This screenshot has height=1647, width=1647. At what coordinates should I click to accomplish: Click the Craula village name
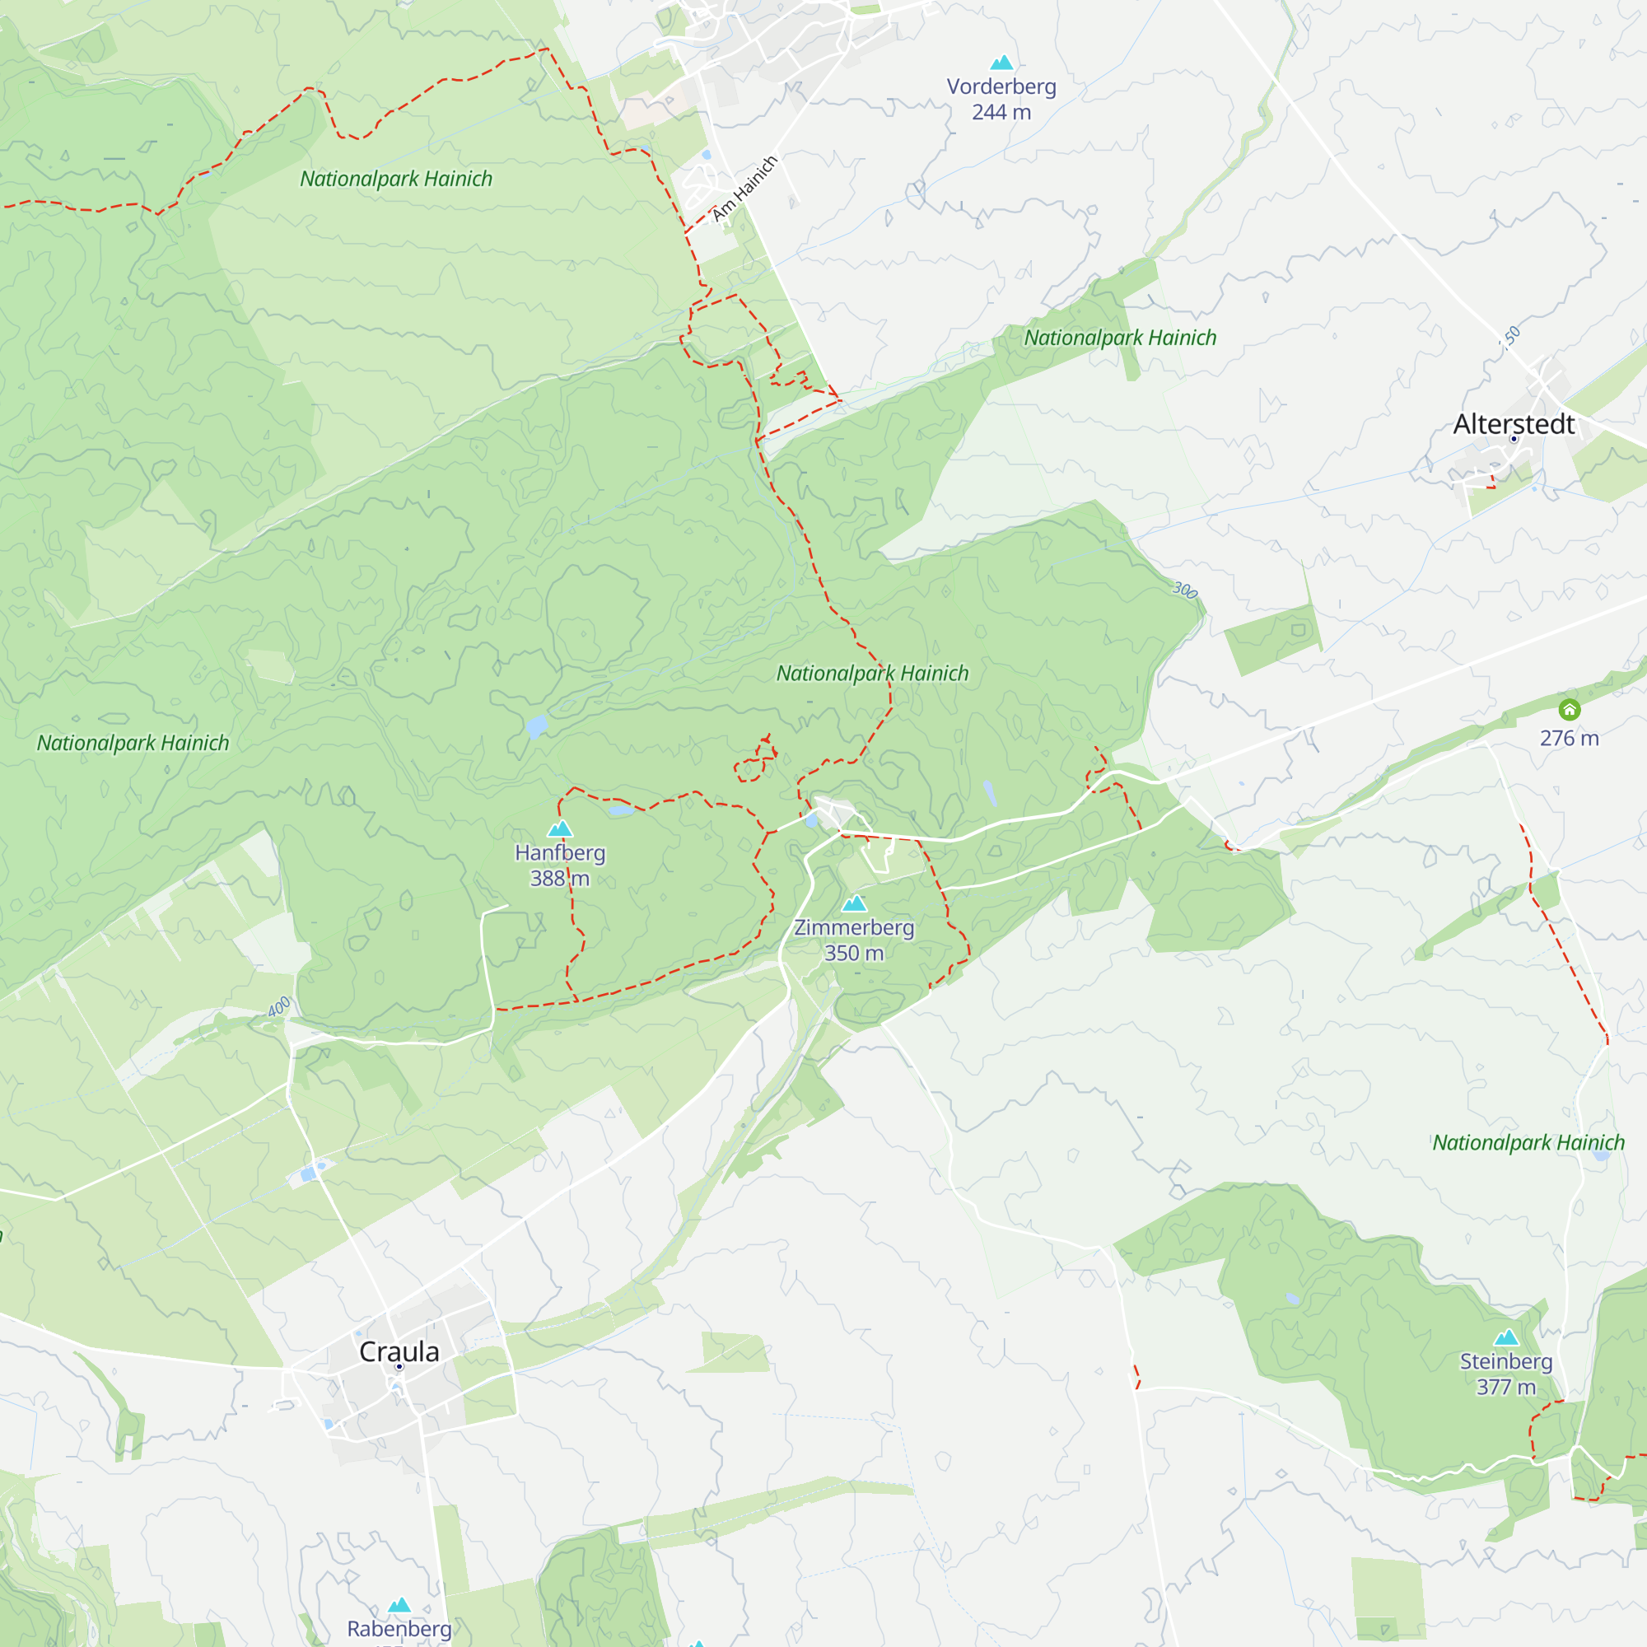(x=399, y=1351)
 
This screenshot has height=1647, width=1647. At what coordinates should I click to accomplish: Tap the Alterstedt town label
(x=1514, y=423)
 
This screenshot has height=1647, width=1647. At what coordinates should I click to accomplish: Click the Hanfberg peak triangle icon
(x=560, y=828)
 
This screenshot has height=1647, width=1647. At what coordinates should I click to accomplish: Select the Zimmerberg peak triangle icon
(x=854, y=903)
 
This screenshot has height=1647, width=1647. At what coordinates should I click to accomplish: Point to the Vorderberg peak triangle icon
(x=1001, y=63)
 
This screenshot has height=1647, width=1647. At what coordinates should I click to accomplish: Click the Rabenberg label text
(x=399, y=1628)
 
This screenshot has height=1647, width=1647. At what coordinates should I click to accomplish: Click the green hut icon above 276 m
(x=1570, y=709)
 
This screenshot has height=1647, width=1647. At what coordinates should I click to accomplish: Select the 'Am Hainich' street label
(x=745, y=189)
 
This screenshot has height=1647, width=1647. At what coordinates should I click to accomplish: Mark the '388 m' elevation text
(x=559, y=878)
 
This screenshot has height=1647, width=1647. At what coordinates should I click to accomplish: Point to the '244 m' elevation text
(x=1001, y=112)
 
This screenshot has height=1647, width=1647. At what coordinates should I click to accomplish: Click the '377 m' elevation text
(x=1506, y=1387)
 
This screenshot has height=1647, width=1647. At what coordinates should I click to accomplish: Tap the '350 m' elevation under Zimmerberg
(x=854, y=953)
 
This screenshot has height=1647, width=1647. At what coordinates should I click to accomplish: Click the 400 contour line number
(x=279, y=1007)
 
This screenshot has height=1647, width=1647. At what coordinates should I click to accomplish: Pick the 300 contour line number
(x=1185, y=590)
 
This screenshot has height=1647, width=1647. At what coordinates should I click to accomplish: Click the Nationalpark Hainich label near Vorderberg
(x=1120, y=338)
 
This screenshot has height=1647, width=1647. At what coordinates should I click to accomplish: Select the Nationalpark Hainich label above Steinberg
(x=1528, y=1142)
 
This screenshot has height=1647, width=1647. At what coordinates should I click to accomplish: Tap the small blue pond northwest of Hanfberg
(x=536, y=726)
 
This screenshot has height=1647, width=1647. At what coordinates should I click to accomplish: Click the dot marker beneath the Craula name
(x=398, y=1366)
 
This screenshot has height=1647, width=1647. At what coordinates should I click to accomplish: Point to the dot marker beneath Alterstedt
(x=1514, y=439)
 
